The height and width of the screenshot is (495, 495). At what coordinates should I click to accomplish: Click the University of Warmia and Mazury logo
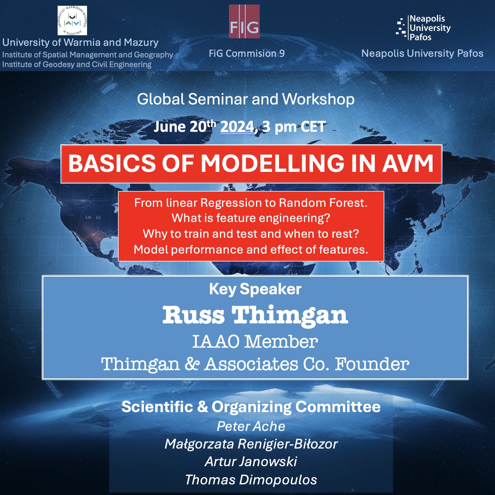pyautogui.click(x=72, y=21)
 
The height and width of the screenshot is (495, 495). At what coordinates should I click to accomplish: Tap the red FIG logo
pyautogui.click(x=244, y=21)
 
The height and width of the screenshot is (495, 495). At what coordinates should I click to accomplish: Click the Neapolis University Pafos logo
pyautogui.click(x=423, y=28)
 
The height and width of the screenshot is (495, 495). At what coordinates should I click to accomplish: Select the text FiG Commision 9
pyautogui.click(x=247, y=53)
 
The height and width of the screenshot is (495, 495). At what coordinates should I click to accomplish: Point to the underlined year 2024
pyautogui.click(x=237, y=127)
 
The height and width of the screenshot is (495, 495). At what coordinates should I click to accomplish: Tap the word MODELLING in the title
pyautogui.click(x=272, y=163)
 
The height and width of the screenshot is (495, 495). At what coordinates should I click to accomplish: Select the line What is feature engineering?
pyautogui.click(x=251, y=218)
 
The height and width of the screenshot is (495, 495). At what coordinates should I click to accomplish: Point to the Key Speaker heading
pyautogui.click(x=255, y=289)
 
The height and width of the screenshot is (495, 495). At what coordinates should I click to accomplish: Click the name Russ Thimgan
pyautogui.click(x=255, y=315)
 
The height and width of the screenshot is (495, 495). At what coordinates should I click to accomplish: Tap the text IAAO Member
pyautogui.click(x=255, y=342)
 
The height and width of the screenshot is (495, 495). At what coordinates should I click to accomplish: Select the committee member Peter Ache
pyautogui.click(x=251, y=426)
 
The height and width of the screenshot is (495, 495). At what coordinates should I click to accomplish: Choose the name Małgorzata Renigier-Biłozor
pyautogui.click(x=251, y=444)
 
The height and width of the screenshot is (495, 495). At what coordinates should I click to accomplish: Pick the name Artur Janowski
pyautogui.click(x=251, y=462)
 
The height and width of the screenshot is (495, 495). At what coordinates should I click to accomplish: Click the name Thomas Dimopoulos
pyautogui.click(x=251, y=480)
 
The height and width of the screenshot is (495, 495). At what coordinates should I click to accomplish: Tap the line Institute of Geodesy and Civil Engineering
pyautogui.click(x=77, y=64)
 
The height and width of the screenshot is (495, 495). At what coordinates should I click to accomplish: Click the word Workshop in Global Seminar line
pyautogui.click(x=318, y=99)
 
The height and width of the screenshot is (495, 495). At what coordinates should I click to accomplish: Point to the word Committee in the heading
pyautogui.click(x=338, y=407)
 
